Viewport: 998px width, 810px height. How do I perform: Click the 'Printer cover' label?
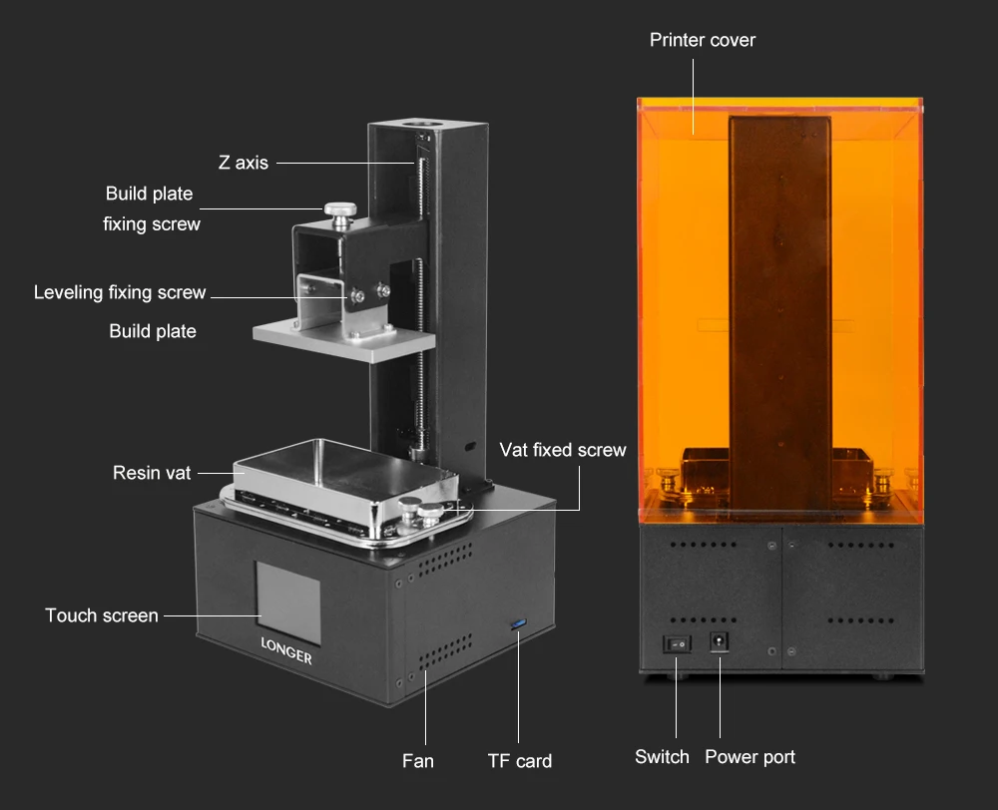click(702, 40)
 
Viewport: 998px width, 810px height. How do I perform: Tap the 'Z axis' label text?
click(244, 163)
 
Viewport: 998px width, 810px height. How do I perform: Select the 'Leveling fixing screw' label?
click(120, 292)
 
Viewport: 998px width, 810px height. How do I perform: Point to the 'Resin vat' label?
click(152, 473)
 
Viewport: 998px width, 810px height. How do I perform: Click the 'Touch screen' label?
click(102, 615)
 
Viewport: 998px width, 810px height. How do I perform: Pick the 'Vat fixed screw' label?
click(563, 450)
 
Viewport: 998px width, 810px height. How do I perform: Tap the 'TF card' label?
click(519, 761)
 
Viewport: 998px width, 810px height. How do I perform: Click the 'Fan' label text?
click(417, 761)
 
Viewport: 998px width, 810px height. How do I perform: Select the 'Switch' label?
click(662, 756)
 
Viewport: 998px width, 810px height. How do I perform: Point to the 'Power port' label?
click(749, 757)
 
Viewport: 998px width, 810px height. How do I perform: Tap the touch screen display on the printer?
click(288, 602)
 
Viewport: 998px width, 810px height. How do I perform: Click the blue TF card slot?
click(519, 624)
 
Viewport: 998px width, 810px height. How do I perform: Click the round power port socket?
click(720, 640)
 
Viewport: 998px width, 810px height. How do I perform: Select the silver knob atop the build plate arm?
click(340, 214)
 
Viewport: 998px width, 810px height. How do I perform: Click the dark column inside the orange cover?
click(780, 313)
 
